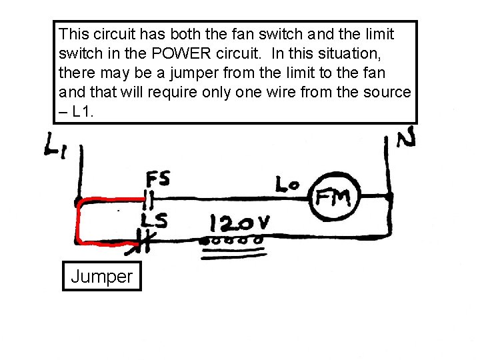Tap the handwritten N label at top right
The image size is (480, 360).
tap(407, 139)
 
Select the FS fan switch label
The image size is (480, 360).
tap(158, 179)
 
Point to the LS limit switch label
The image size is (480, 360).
tap(154, 219)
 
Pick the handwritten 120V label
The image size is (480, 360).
tap(239, 223)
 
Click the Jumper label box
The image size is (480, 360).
tap(101, 276)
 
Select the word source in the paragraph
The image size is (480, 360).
tap(385, 91)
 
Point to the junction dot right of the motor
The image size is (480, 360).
tap(390, 197)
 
